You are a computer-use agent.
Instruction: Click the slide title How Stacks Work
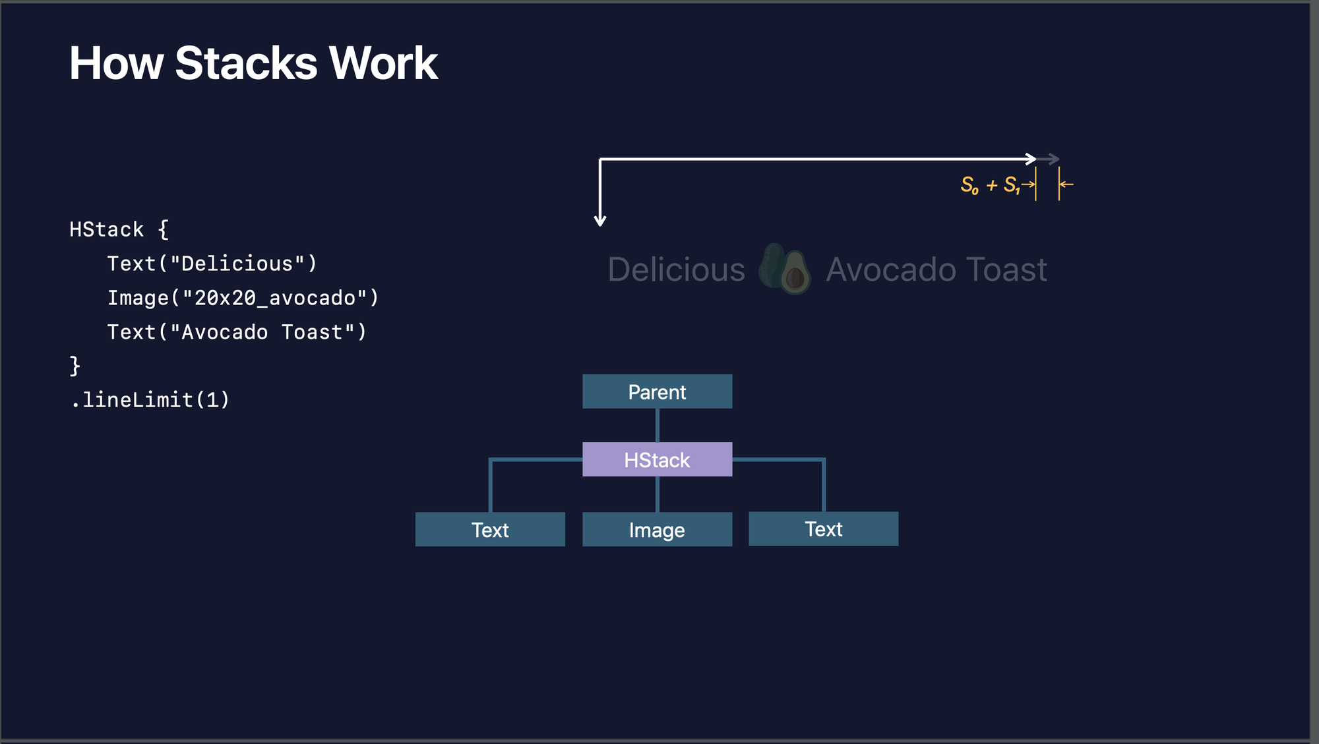point(253,63)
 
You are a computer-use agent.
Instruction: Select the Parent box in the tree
point(657,391)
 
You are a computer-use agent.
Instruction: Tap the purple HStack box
point(657,459)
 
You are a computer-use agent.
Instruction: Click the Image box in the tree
point(657,529)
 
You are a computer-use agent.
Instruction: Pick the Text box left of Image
point(490,529)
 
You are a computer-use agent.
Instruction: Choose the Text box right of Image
point(823,529)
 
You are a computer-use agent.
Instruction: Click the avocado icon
point(785,269)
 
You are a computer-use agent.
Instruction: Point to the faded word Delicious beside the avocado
point(676,270)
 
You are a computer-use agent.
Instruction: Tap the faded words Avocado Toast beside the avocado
point(936,270)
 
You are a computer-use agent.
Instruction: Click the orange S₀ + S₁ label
point(990,185)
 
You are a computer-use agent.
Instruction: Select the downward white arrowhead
point(599,220)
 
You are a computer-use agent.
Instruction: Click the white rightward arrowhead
point(1031,159)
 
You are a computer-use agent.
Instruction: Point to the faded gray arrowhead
point(1054,159)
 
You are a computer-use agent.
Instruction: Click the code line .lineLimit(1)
point(150,400)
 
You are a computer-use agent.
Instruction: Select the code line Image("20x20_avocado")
point(243,298)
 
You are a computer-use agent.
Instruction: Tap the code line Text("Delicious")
point(212,264)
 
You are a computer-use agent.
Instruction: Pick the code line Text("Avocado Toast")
point(236,332)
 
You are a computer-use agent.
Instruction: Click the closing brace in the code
point(75,366)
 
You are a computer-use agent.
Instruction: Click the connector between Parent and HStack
point(658,425)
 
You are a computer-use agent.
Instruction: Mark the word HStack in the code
point(106,229)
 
